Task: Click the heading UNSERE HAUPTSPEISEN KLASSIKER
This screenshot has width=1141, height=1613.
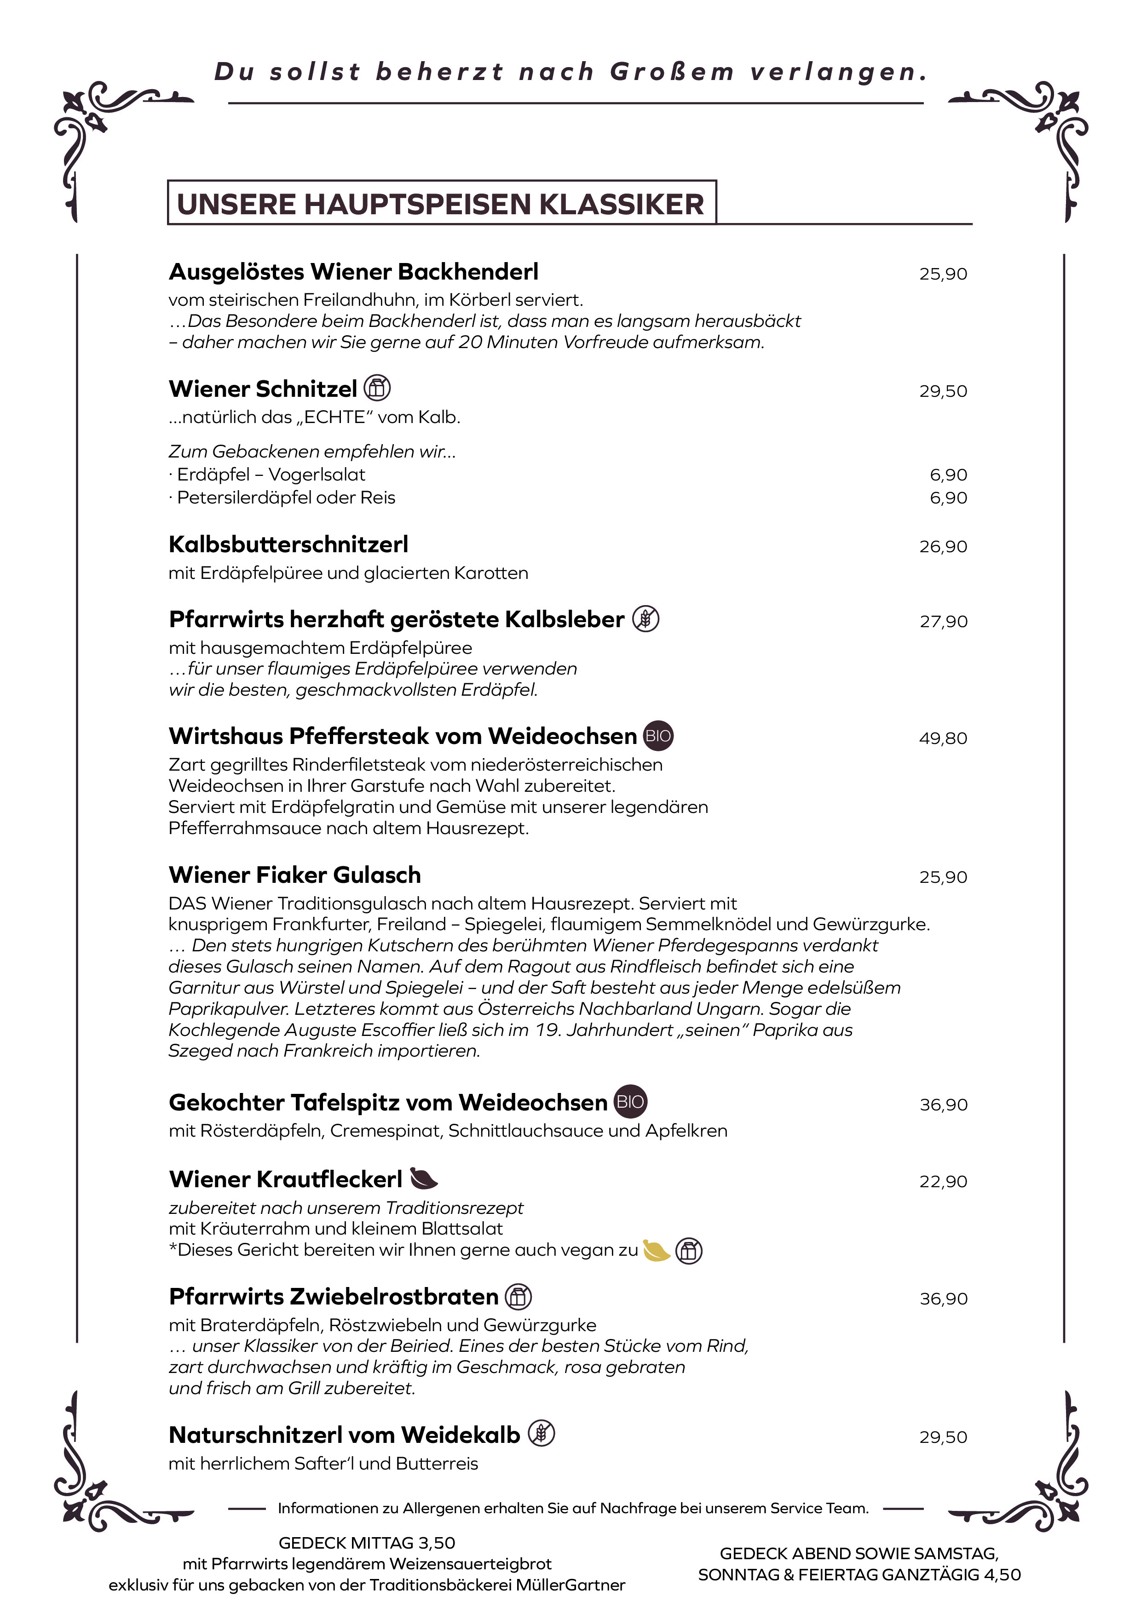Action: [440, 204]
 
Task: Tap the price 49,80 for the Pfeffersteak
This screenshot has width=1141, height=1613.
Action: [943, 738]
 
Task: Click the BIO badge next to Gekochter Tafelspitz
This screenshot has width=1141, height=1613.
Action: [630, 1102]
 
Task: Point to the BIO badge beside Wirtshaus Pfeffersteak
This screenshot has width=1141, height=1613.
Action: [658, 736]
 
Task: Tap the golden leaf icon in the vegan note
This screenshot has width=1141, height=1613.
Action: [656, 1250]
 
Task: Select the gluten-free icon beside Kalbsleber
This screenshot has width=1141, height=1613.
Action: [645, 619]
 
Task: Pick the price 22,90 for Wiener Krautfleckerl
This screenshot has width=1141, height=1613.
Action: [943, 1182]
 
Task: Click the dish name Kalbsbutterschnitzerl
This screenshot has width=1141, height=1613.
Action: [288, 544]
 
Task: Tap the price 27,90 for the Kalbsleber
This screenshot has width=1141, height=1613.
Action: [943, 622]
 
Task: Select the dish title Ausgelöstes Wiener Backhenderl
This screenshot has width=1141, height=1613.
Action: [354, 271]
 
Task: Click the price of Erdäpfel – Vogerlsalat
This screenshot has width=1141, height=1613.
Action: [948, 475]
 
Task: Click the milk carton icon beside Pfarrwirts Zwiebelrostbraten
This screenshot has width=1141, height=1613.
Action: [519, 1296]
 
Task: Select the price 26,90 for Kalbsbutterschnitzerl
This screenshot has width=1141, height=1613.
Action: [943, 547]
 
